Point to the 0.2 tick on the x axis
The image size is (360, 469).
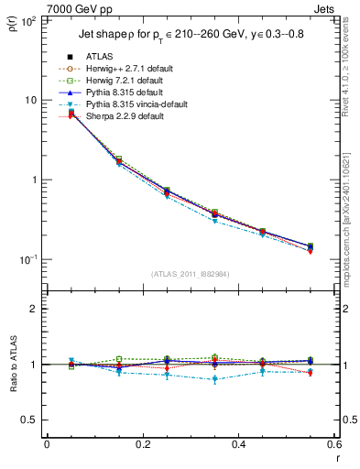click(142, 445)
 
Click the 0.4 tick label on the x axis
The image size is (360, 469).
click(237, 445)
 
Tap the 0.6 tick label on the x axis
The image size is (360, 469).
click(332, 445)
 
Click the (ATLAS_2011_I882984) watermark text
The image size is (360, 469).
click(190, 274)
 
